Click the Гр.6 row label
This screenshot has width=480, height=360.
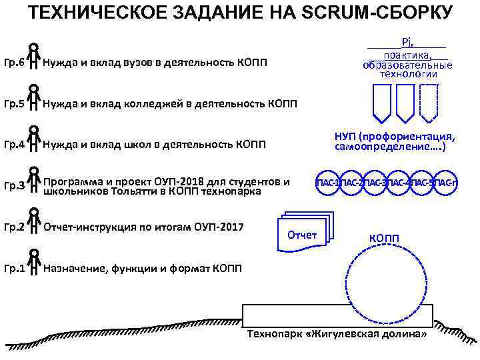coord(14,63)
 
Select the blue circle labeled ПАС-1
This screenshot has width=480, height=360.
coord(327,183)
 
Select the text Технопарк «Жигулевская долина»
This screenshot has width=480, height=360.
coord(337,333)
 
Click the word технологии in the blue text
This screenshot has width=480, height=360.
coord(408,75)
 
